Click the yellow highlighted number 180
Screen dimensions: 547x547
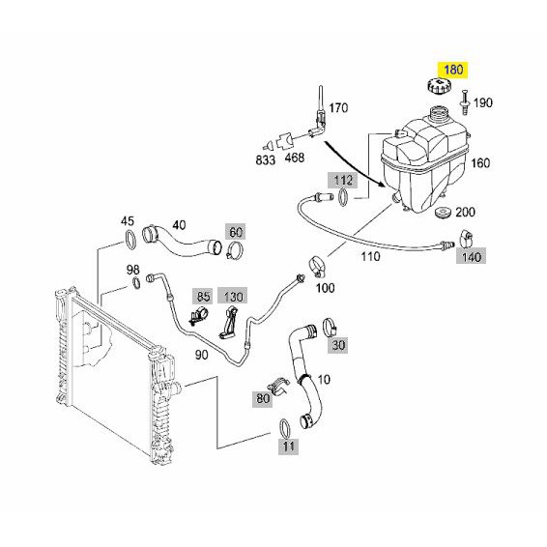point(453,70)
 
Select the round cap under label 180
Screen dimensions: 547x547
point(439,85)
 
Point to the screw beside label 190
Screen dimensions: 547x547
point(465,101)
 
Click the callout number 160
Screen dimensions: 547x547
point(480,163)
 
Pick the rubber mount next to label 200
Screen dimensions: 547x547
point(444,212)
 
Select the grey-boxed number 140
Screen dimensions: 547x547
point(471,257)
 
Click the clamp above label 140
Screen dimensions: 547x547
point(466,237)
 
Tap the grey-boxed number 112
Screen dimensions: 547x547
point(343,181)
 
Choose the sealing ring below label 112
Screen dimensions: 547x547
point(343,197)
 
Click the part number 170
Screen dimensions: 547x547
point(339,108)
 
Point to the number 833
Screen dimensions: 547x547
point(266,160)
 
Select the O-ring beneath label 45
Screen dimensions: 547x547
point(130,240)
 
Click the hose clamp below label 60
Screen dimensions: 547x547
point(235,250)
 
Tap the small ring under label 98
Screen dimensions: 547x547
point(136,283)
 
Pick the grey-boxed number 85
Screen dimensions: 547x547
point(203,297)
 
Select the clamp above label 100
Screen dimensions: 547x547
point(318,266)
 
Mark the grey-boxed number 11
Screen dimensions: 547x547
point(288,446)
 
